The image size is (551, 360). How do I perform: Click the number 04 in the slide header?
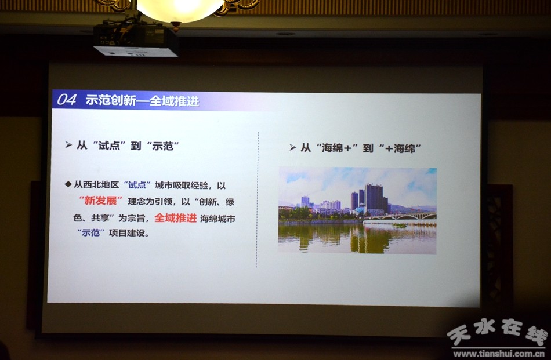(x=67, y=100)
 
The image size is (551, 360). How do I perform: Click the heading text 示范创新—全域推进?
(x=142, y=101)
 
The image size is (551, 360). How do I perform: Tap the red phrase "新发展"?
(x=101, y=201)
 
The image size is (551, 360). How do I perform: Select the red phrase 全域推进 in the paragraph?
(x=175, y=218)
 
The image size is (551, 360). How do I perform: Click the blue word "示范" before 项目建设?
(x=90, y=232)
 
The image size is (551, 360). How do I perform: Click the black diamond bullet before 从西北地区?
(x=68, y=184)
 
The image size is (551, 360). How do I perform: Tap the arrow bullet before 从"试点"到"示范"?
(x=68, y=145)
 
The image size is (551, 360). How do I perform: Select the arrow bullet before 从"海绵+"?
(x=293, y=147)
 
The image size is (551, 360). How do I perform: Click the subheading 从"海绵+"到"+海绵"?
(x=361, y=148)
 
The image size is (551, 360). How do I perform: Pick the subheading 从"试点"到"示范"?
(x=128, y=146)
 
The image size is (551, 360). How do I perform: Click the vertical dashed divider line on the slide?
(x=257, y=199)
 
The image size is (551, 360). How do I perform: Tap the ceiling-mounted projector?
(x=136, y=38)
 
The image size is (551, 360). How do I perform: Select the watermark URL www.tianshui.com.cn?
(x=499, y=353)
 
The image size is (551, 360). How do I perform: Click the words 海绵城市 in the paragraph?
(x=217, y=219)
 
